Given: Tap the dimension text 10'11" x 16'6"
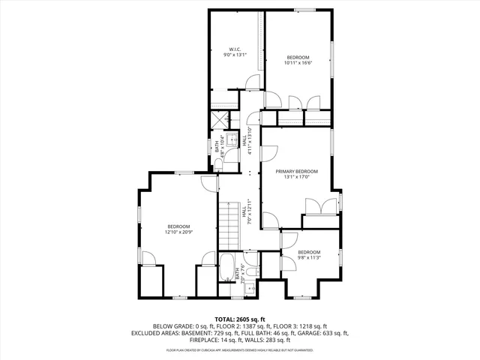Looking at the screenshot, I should (x=298, y=63).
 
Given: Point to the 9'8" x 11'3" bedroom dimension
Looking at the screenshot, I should (x=308, y=257).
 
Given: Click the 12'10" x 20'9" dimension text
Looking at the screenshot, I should (x=178, y=232).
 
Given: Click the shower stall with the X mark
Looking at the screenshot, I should (x=218, y=120).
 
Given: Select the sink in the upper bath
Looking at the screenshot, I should (x=230, y=139).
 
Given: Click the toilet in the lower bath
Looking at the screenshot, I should (x=250, y=286).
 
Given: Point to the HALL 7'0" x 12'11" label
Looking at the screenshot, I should (x=247, y=212).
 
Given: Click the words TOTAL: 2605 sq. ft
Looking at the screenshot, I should (x=240, y=319).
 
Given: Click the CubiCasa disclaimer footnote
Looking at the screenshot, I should (x=240, y=350).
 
